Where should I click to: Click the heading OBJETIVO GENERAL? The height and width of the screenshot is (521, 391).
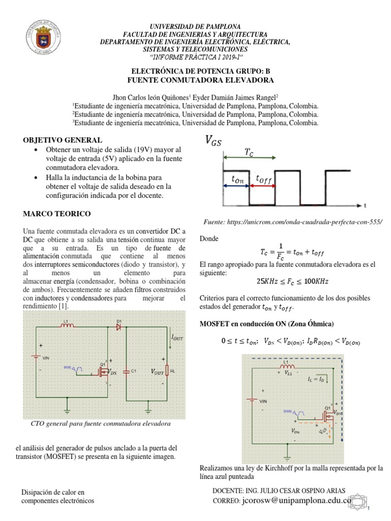tap(64, 140)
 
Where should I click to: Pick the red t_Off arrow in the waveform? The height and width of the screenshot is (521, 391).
tap(262, 186)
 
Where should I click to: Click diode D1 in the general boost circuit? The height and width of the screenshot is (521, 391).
tap(119, 327)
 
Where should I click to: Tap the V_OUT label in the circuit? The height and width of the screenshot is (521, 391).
tap(157, 372)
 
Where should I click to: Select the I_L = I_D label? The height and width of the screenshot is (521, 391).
tap(318, 379)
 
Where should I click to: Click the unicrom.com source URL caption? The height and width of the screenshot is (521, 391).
tap(292, 222)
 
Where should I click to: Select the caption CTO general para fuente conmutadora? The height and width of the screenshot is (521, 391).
tap(100, 423)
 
